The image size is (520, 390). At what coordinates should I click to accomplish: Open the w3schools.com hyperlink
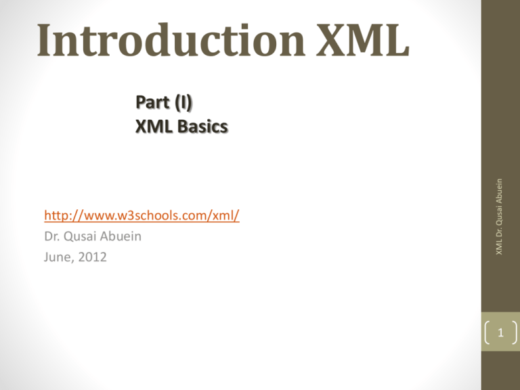tap(142, 216)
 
